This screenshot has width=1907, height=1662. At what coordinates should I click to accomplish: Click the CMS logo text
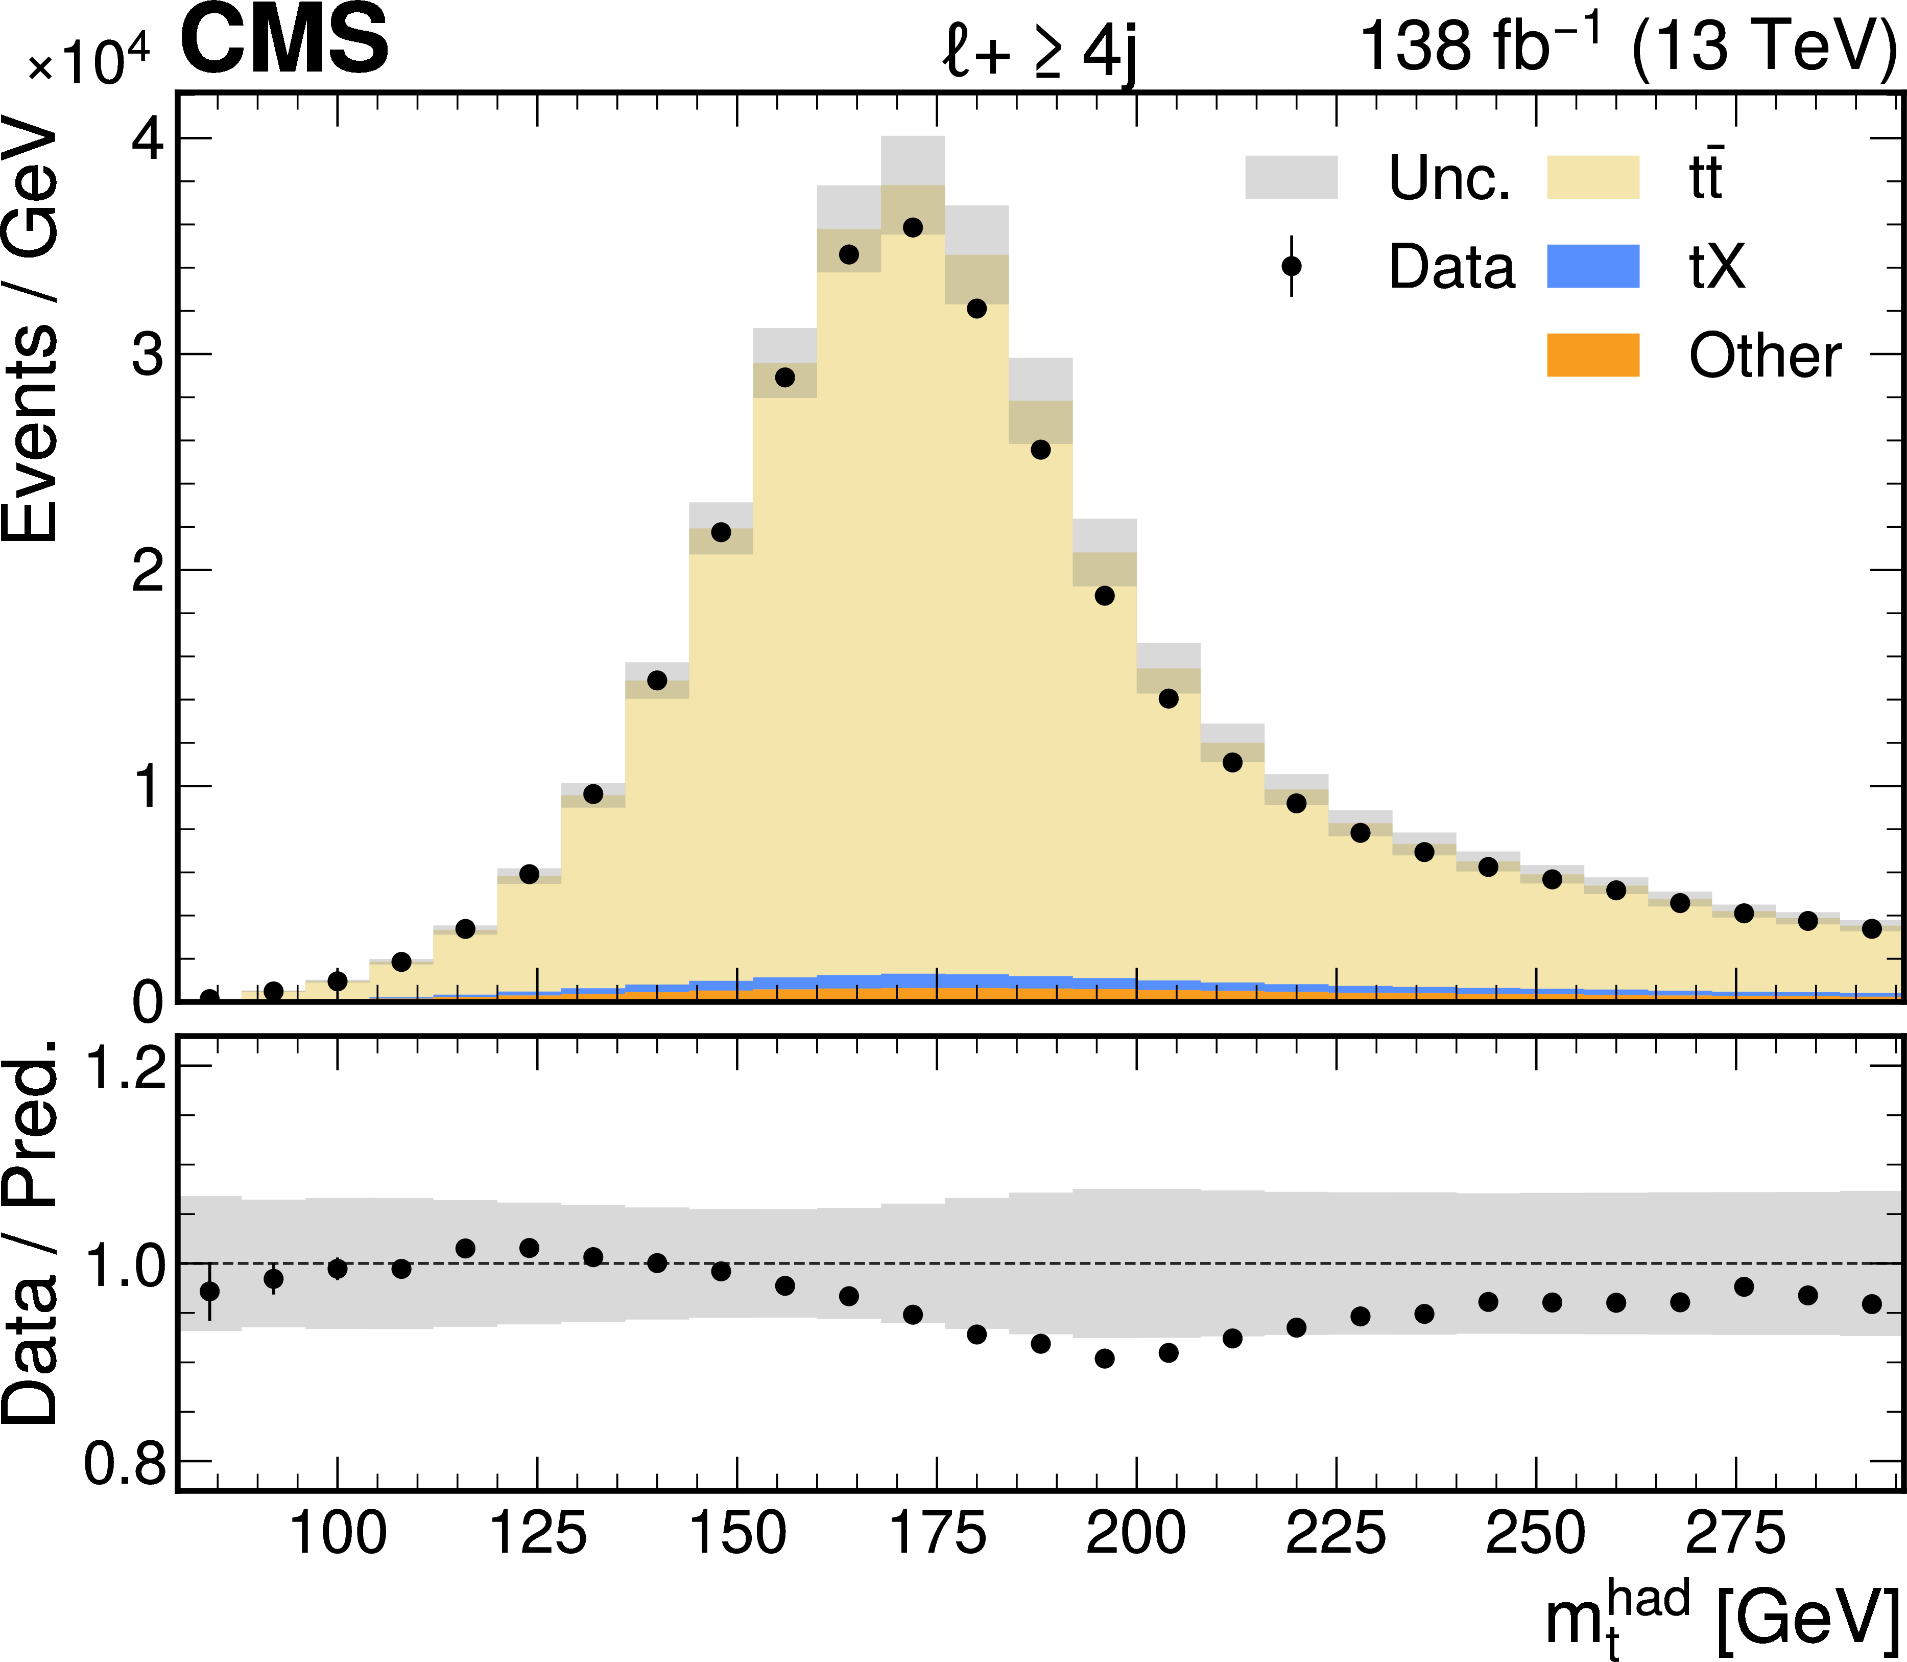[x=284, y=42]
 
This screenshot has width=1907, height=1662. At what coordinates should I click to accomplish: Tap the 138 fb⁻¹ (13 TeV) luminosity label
[x=1627, y=46]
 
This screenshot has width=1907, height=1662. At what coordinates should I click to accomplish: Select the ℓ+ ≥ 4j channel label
[x=1038, y=51]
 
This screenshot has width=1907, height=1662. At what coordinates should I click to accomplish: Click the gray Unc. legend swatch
[x=1291, y=177]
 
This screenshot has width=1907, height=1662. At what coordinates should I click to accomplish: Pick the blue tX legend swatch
[x=1593, y=266]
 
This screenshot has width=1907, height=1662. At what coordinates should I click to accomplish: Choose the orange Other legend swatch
[x=1593, y=355]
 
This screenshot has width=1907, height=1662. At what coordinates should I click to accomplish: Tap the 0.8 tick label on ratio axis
[x=125, y=1464]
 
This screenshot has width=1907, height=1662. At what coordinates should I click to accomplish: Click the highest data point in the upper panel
[x=912, y=227]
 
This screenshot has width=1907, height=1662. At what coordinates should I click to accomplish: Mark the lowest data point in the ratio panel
[x=1104, y=1358]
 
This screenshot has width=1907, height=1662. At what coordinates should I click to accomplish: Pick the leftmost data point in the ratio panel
[x=209, y=1291]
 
